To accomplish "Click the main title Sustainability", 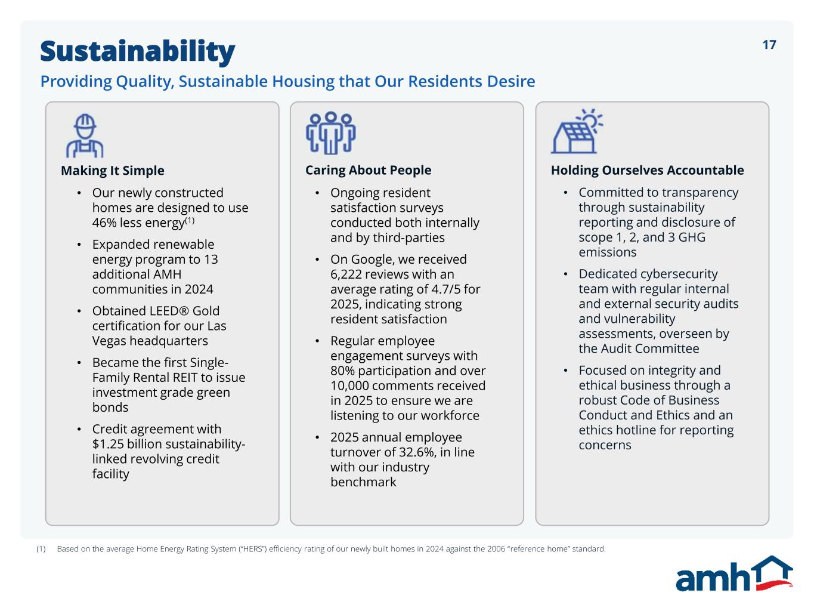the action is coord(137,51).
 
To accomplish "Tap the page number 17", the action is coord(769,45).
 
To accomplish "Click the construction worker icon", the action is coord(85,136).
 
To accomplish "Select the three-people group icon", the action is coord(331,133).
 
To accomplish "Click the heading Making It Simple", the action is coord(112,171).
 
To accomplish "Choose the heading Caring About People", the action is coord(369,170).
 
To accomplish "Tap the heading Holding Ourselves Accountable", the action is coord(647,170).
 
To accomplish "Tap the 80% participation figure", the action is coord(342,371).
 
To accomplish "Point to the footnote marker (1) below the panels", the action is coord(41,549).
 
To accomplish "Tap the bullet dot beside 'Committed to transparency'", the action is coord(565,193).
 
